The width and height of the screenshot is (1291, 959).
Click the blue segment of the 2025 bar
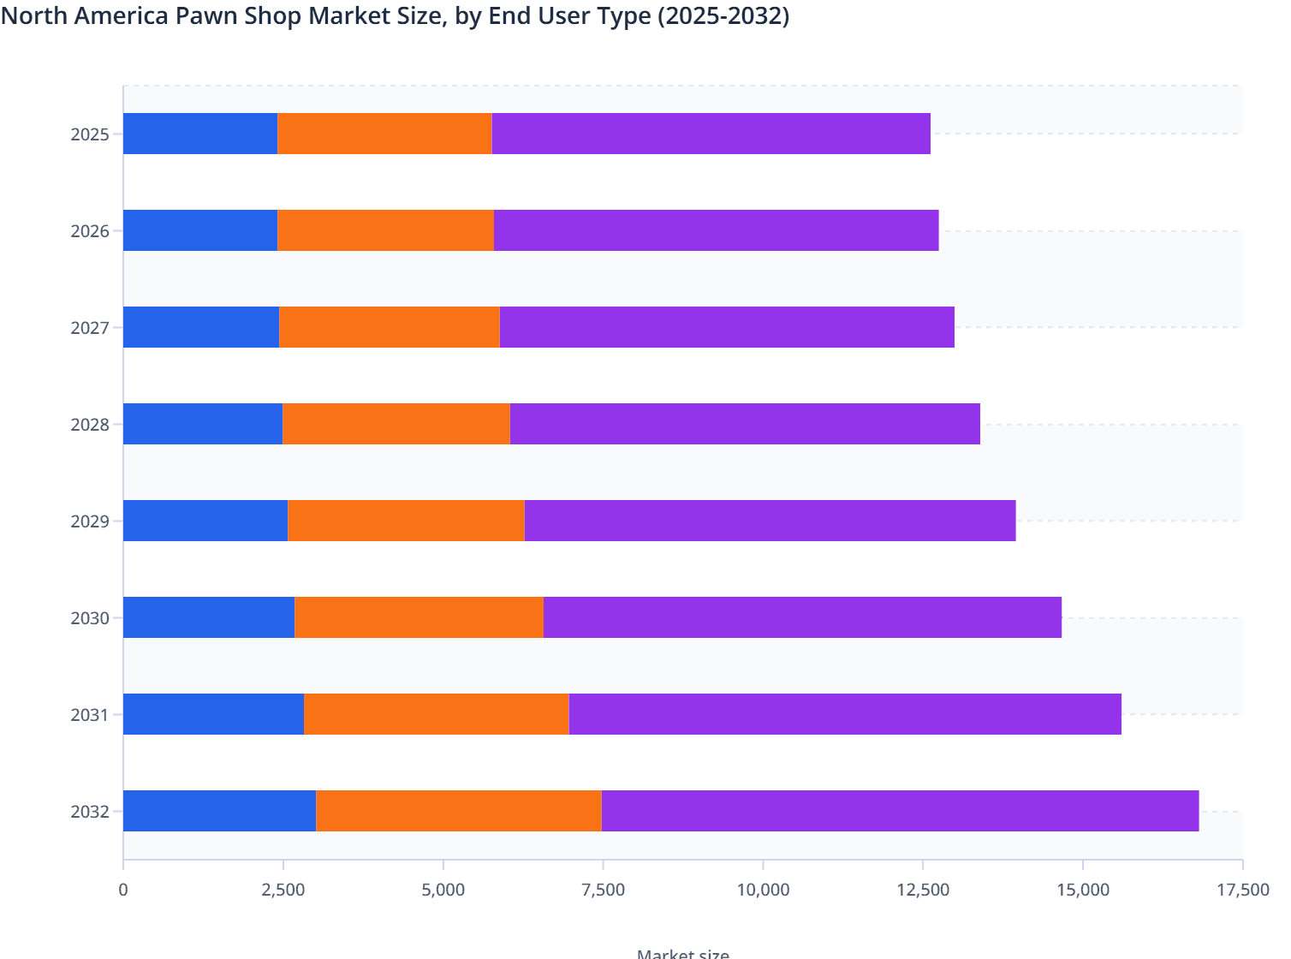point(200,134)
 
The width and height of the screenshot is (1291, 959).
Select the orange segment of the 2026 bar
point(385,230)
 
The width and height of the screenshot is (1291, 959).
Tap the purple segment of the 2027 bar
point(726,327)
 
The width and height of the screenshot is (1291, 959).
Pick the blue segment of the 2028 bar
point(203,424)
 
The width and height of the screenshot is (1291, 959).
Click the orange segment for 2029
point(406,521)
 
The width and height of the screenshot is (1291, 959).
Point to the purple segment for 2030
point(802,617)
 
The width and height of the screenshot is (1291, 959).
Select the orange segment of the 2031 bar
point(436,714)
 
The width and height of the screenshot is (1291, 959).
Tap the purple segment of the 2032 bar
point(900,811)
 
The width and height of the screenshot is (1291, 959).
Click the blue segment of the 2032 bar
point(219,811)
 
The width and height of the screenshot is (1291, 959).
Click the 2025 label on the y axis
point(90,134)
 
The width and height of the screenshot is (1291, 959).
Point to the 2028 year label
point(90,425)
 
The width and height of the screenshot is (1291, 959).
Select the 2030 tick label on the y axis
point(90,618)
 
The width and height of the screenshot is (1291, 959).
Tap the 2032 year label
point(90,812)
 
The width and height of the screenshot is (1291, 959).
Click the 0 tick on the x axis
point(123,890)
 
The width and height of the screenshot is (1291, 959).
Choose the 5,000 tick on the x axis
point(443,890)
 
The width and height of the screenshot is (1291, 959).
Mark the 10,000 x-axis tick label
point(763,890)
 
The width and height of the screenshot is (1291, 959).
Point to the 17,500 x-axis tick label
point(1242,890)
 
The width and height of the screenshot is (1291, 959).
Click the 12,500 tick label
point(923,890)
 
